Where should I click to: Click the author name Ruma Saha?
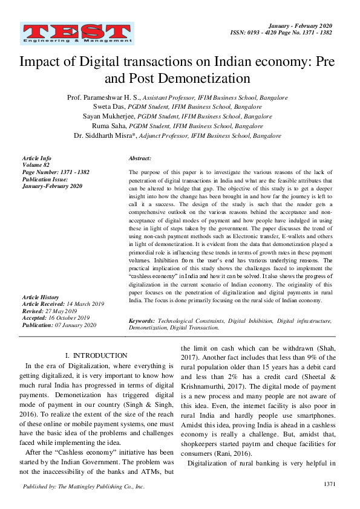(103, 126)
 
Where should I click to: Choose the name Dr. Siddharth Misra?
(103, 136)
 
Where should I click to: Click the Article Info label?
(37, 158)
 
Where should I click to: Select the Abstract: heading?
(140, 158)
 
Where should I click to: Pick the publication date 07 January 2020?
(75, 325)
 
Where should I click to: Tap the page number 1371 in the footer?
(330, 484)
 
